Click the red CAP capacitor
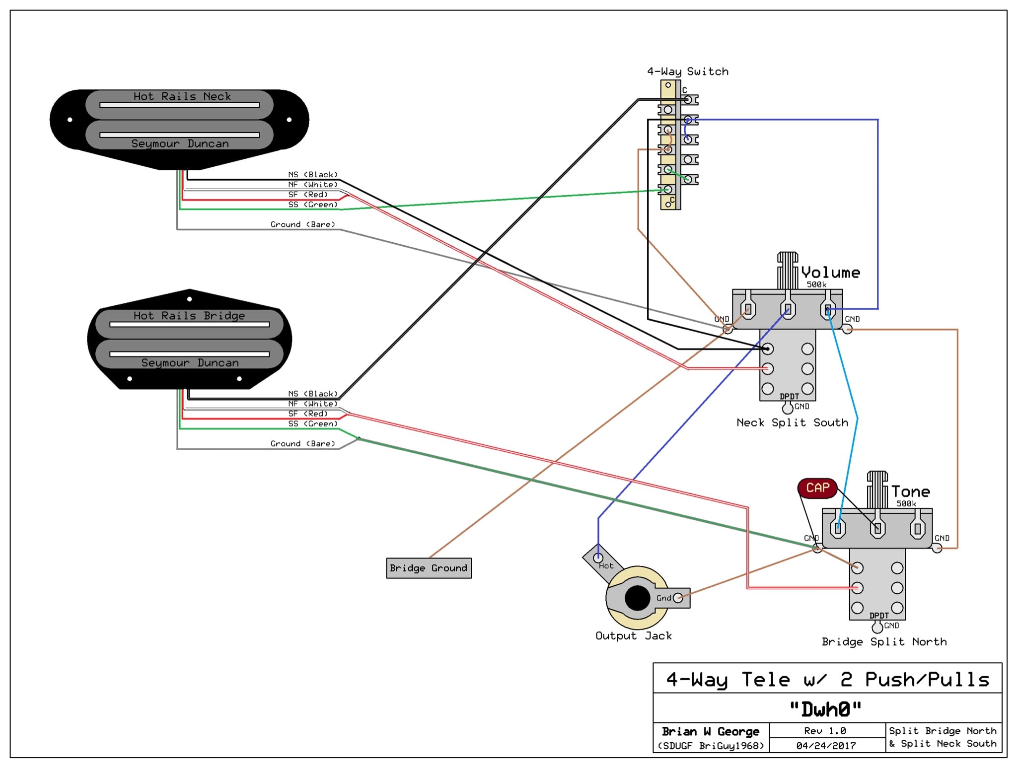tap(817, 488)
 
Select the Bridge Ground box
tap(429, 568)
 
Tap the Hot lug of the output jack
tap(598, 558)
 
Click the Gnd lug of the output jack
tap(677, 598)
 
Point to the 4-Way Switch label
tap(687, 71)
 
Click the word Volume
tap(830, 273)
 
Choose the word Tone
tap(910, 491)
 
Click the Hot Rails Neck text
tap(182, 96)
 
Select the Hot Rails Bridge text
tap(189, 316)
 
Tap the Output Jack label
tap(633, 636)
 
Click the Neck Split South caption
tap(792, 422)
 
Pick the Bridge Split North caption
tap(884, 642)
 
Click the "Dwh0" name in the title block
tap(825, 709)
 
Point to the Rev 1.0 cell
tap(825, 731)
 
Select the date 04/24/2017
tap(826, 746)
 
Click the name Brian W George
tap(710, 731)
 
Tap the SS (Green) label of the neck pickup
tap(313, 205)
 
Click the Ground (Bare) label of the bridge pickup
tap(302, 443)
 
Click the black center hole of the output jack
tap(637, 598)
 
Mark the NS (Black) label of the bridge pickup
tap(313, 394)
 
